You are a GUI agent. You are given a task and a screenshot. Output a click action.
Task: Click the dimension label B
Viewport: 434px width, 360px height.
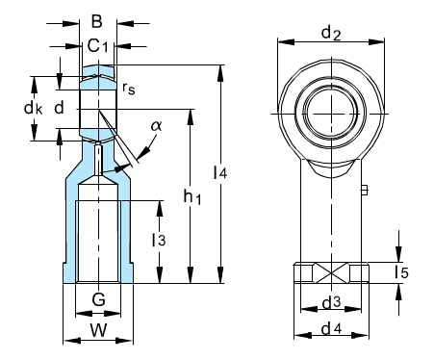point(96,22)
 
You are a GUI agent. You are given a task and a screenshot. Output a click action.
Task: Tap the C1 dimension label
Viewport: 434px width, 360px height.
point(98,46)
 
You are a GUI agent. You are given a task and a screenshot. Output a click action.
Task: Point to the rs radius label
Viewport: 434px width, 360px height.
point(129,88)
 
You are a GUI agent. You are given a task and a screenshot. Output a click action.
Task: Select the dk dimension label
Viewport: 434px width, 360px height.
point(33,108)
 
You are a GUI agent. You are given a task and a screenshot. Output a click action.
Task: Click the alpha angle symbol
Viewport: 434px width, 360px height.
point(157,126)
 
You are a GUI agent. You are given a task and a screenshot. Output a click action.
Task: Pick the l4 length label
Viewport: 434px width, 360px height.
point(220,172)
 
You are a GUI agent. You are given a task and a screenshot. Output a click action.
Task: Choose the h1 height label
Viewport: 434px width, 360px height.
point(192,196)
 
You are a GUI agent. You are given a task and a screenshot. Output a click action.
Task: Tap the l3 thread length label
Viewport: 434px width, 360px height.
point(159,240)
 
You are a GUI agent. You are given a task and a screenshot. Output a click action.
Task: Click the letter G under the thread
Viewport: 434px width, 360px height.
point(98,299)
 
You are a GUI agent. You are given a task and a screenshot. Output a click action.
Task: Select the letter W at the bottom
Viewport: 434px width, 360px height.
point(98,329)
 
